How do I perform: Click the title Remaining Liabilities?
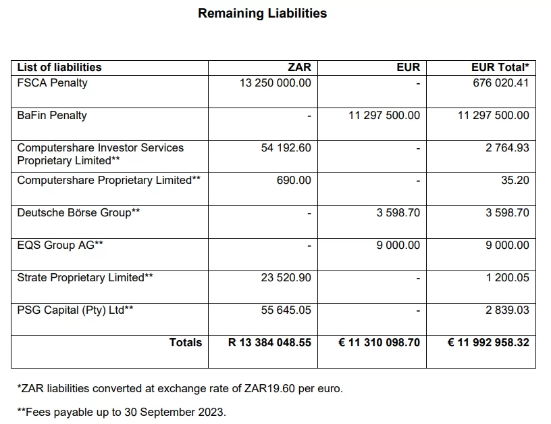pos(262,14)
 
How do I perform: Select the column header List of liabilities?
pos(59,67)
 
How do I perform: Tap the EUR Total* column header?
pos(500,67)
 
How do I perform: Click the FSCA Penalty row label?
pos(52,83)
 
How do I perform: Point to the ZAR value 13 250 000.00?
pos(275,83)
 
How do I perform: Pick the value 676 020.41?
pos(500,83)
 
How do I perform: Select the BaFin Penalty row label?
pos(52,116)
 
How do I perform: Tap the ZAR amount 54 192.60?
pos(286,148)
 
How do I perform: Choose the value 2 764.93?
pos(507,148)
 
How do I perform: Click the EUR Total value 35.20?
pos(515,181)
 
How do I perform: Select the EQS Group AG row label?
pos(60,245)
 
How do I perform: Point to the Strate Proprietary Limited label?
pos(85,278)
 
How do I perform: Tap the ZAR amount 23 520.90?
pos(286,278)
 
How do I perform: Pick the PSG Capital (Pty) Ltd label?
pos(75,310)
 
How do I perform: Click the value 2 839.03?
pos(507,310)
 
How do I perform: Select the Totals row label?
pos(186,343)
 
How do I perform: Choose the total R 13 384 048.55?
pos(269,343)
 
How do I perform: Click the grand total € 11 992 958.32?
pos(488,343)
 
